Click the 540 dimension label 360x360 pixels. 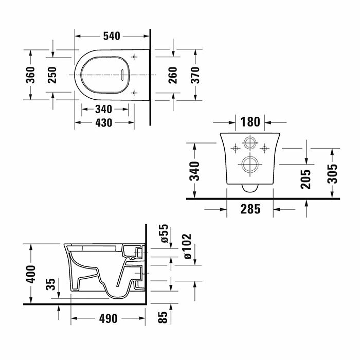pos(112,36)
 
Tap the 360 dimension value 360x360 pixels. pos(30,75)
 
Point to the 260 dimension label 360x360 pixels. pos(173,75)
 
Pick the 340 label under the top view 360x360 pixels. pos(104,109)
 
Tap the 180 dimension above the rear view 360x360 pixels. pos(250,122)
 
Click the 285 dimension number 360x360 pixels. pos(250,209)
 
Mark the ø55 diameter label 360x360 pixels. pos(164,233)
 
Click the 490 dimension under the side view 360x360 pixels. pos(108,318)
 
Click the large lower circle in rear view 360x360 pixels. pos(249,164)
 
